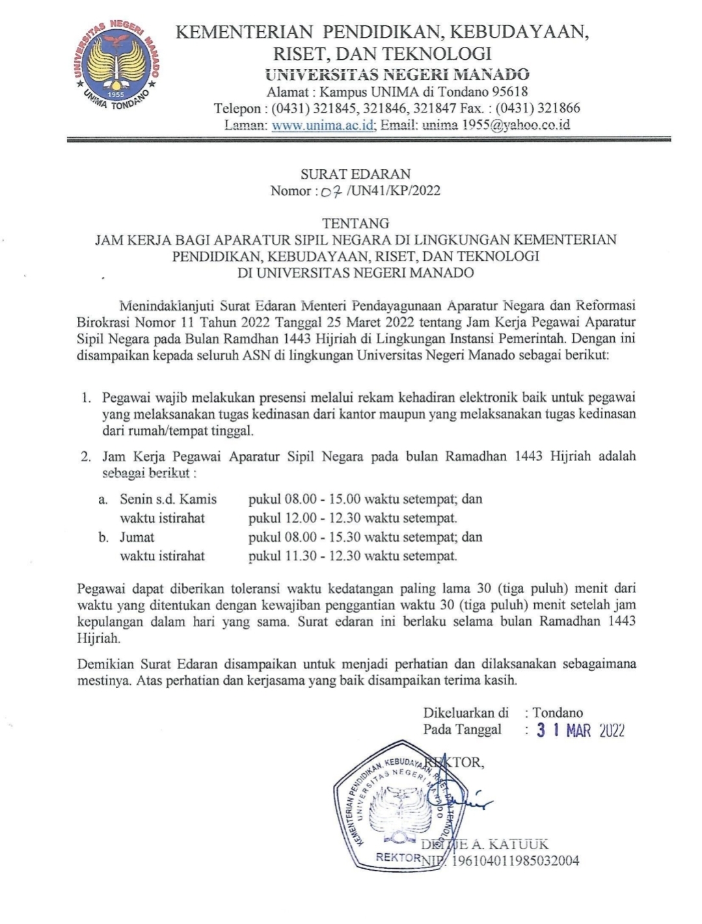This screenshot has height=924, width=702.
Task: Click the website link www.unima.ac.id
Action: [x=323, y=125]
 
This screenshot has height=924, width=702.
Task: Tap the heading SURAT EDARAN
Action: [x=355, y=174]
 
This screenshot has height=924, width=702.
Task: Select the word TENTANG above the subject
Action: [x=355, y=224]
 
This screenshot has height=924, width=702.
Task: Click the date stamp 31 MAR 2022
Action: [x=580, y=730]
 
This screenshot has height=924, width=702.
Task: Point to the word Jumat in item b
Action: [x=137, y=537]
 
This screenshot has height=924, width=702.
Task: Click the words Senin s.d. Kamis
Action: [x=168, y=499]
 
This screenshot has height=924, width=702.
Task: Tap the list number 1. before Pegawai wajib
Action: [x=86, y=397]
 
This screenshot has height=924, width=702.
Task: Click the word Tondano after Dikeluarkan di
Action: [x=558, y=713]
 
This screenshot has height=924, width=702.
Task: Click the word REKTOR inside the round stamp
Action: [x=398, y=857]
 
